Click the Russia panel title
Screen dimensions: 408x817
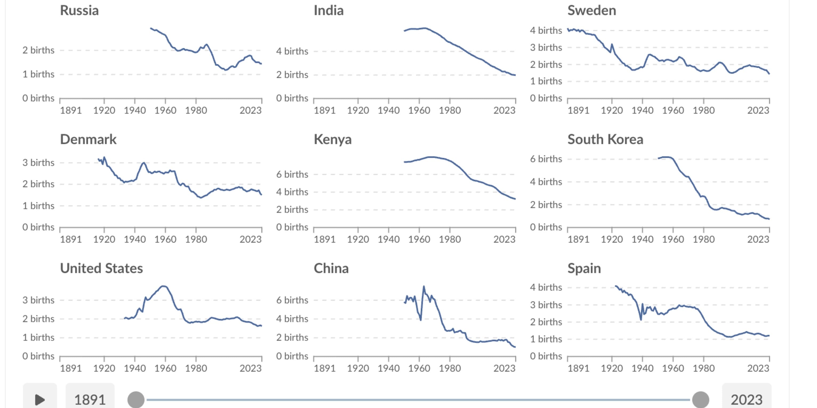[79, 11]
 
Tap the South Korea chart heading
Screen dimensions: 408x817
[605, 139]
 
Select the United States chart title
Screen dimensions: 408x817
[102, 269]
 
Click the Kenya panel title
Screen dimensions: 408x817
[333, 139]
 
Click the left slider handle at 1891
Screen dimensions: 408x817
[136, 399]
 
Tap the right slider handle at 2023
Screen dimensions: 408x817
[700, 399]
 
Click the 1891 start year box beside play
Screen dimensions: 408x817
[90, 399]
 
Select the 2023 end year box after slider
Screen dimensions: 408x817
[747, 399]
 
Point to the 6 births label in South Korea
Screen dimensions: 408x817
[546, 159]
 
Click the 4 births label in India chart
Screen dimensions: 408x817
[292, 51]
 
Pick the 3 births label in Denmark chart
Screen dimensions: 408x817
[38, 163]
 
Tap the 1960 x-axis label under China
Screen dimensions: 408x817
[419, 368]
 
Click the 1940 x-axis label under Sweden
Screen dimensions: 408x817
[642, 110]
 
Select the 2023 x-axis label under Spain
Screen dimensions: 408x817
[758, 368]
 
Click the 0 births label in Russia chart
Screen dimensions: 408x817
[38, 98]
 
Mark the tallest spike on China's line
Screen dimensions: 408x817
[424, 286]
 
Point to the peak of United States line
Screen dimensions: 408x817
[164, 286]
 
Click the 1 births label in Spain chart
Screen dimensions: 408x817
[546, 339]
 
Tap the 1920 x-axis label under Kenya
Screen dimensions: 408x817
[358, 239]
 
